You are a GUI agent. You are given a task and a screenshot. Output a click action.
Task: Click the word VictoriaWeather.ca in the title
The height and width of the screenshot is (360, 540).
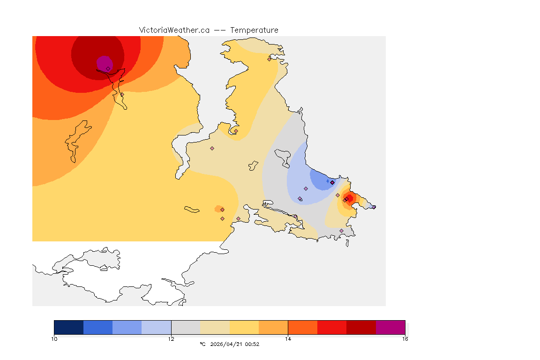tap(174, 30)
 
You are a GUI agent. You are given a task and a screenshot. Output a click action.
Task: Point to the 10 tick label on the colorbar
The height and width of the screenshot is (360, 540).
tap(54, 339)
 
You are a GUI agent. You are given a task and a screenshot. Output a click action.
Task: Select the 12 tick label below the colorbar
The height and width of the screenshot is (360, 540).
tap(171, 339)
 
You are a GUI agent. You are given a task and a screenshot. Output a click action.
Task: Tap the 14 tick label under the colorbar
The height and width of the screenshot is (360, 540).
tap(288, 339)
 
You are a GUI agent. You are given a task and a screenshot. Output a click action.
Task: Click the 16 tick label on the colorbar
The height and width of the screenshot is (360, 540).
tap(405, 339)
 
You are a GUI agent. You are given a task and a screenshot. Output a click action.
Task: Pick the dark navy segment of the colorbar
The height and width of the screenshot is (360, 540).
tap(68, 327)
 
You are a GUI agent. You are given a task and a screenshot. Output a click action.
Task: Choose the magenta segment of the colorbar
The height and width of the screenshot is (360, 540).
tap(390, 327)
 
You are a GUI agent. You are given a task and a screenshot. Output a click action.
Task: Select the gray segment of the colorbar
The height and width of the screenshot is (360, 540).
tap(186, 327)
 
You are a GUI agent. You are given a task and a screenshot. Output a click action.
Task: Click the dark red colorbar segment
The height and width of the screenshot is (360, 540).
tap(361, 327)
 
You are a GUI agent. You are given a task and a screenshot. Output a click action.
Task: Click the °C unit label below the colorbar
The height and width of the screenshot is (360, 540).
tap(202, 345)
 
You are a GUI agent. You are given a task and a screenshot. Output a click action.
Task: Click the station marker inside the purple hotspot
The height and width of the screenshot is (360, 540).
tap(108, 68)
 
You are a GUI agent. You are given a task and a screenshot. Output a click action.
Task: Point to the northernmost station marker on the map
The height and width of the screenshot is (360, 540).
tap(269, 59)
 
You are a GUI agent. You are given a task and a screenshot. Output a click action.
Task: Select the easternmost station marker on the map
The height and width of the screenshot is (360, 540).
tap(374, 207)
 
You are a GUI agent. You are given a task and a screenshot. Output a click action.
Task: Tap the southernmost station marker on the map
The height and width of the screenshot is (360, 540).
tap(341, 231)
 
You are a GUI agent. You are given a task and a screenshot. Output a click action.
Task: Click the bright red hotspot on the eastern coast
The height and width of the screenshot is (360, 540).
tap(349, 197)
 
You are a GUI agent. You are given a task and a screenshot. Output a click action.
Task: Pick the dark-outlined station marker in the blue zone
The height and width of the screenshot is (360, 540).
tap(332, 182)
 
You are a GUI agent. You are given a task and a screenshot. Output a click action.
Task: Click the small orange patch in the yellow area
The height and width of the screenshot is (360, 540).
tap(218, 209)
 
